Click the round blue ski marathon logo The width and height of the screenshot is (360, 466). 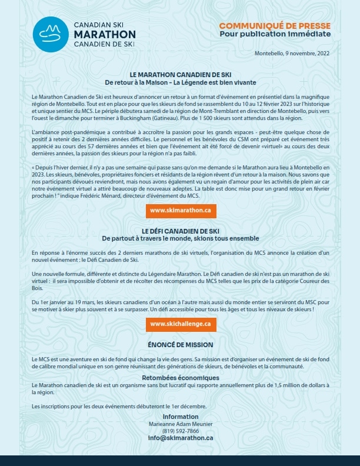50,35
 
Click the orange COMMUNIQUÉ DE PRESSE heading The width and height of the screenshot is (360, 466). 275,26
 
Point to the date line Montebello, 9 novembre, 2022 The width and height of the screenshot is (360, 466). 292,54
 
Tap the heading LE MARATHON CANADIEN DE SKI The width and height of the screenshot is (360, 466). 180,75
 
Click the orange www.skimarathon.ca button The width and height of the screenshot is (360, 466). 181,210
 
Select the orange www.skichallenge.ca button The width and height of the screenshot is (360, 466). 181,324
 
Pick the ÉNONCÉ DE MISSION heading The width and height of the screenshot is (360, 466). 181,344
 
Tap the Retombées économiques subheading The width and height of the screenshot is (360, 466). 181,378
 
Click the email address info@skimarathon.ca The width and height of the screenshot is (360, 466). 181,438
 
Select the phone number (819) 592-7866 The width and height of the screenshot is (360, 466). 181,431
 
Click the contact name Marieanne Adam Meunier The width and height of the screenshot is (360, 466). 181,424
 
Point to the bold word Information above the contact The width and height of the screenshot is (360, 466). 181,417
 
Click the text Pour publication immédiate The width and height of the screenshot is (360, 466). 275,34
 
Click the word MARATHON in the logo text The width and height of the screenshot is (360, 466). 105,35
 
